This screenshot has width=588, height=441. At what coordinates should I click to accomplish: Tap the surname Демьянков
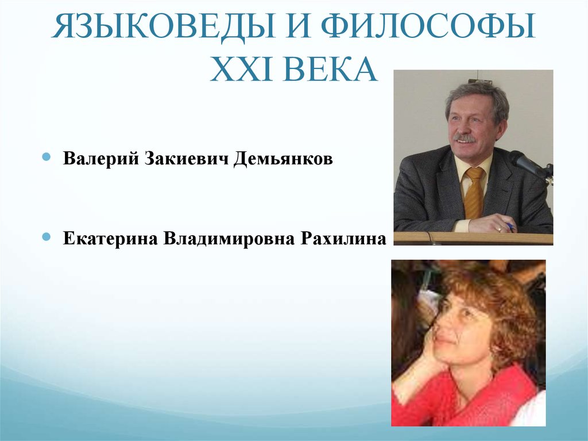pyautogui.click(x=283, y=159)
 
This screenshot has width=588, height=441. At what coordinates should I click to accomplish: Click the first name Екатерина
pyautogui.click(x=110, y=238)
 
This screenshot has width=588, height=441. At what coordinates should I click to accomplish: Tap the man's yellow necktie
pyautogui.click(x=474, y=193)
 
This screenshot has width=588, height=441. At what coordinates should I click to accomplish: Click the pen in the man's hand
pyautogui.click(x=508, y=226)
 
